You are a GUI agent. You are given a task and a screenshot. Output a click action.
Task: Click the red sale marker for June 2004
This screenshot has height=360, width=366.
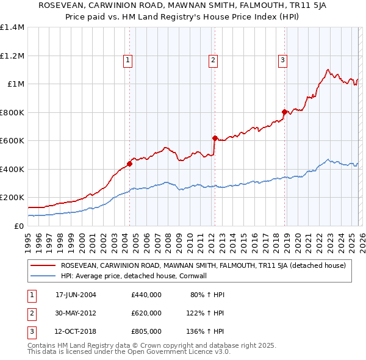point(129,164)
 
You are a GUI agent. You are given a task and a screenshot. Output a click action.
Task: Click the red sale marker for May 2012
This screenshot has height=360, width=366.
point(215,138)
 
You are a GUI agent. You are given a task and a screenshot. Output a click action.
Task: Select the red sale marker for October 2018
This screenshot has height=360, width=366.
point(284,112)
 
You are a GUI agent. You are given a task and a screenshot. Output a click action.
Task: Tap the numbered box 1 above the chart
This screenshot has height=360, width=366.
point(127,60)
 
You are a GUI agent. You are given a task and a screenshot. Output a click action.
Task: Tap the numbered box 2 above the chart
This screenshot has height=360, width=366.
point(213,60)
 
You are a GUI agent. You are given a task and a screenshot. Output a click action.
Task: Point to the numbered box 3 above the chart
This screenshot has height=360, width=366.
point(282,60)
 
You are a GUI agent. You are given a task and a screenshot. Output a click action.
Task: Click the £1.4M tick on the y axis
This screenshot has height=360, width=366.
point(12,27)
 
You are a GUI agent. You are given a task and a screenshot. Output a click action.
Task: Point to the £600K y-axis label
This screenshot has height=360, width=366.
point(12,141)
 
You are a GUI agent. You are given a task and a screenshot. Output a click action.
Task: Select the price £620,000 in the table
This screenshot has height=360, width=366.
point(146,313)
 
